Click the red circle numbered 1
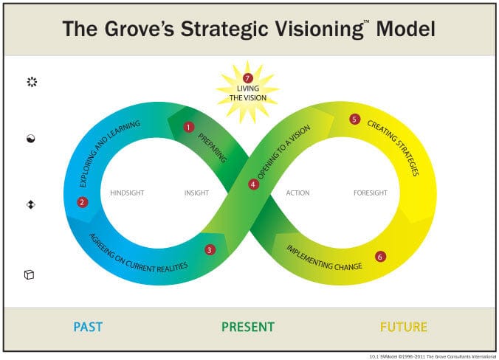click(x=188, y=127)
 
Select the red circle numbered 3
click(x=210, y=249)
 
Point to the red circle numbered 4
click(x=253, y=184)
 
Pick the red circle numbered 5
click(x=354, y=120)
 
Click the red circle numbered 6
click(x=379, y=257)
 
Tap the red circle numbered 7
click(x=248, y=78)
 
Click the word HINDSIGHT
click(x=126, y=193)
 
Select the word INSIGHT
click(x=196, y=193)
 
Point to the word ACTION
click(x=297, y=193)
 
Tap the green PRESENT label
click(x=248, y=327)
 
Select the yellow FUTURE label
click(x=403, y=327)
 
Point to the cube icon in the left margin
click(x=30, y=275)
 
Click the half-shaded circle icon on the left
click(x=31, y=138)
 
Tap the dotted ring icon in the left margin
click(x=31, y=82)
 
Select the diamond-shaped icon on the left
click(x=31, y=204)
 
